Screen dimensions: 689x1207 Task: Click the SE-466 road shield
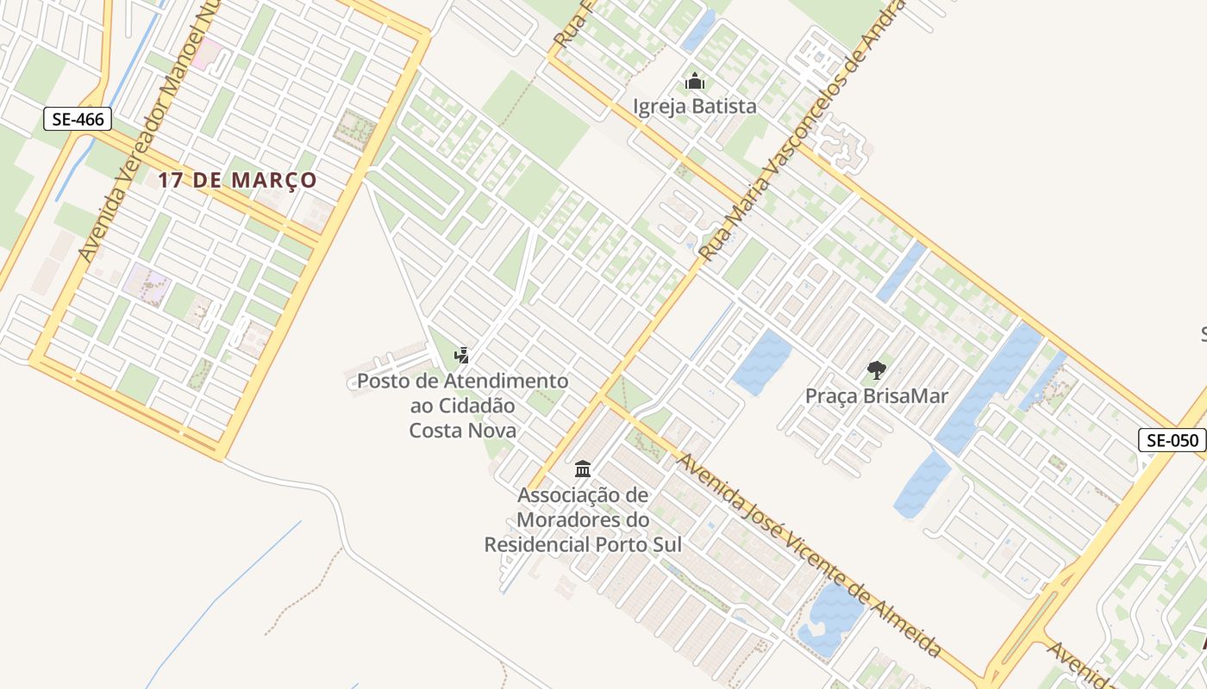(78, 119)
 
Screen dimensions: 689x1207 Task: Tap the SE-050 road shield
(1172, 440)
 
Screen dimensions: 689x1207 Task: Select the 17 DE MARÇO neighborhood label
(237, 181)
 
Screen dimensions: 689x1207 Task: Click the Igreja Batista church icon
(695, 83)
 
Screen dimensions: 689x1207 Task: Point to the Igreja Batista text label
(695, 107)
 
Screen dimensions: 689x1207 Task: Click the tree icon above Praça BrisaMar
(877, 371)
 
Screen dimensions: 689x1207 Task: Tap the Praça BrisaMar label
(876, 396)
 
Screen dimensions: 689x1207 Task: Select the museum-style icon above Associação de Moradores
(583, 469)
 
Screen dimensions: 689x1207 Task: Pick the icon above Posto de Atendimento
(462, 355)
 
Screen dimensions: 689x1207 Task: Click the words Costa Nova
(463, 430)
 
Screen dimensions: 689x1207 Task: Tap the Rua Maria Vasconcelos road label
(802, 129)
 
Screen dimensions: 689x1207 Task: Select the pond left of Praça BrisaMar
(760, 362)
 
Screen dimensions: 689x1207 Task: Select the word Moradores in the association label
(583, 520)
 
